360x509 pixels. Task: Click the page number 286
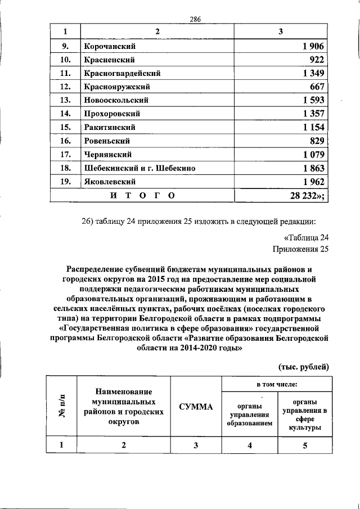pyautogui.click(x=195, y=19)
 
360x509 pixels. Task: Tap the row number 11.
pyautogui.click(x=65, y=73)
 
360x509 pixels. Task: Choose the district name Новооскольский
pyautogui.click(x=116, y=100)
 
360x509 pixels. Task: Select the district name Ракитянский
pyautogui.click(x=111, y=127)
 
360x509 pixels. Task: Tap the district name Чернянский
pyautogui.click(x=108, y=154)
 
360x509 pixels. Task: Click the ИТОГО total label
pyautogui.click(x=141, y=195)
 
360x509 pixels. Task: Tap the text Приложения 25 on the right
pyautogui.click(x=300, y=248)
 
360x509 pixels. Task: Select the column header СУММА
pyautogui.click(x=196, y=406)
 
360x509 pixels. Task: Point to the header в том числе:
pyautogui.click(x=277, y=385)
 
